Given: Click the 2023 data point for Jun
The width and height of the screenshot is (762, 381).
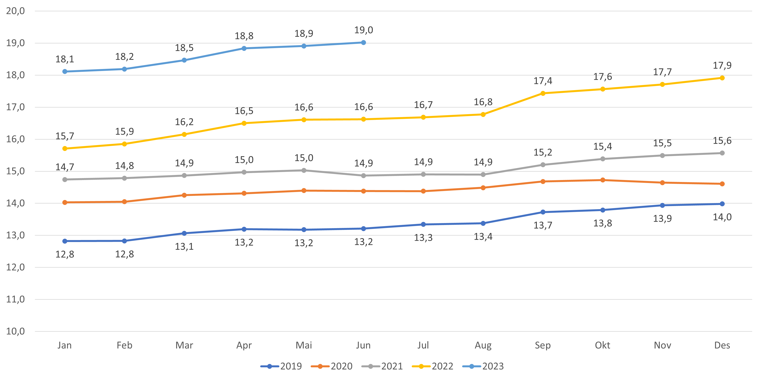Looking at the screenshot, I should [x=364, y=43].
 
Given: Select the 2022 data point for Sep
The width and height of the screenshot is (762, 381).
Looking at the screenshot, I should [x=543, y=93].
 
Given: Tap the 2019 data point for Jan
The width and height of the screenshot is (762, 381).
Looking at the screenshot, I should [x=65, y=241].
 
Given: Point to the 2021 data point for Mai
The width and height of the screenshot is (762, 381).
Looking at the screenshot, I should [x=304, y=170].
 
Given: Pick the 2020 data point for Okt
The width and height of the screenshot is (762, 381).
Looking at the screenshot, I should [x=602, y=180].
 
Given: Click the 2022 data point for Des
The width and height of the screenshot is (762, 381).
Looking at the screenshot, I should [x=722, y=78].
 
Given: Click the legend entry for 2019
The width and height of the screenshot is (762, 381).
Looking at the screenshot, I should [x=281, y=366].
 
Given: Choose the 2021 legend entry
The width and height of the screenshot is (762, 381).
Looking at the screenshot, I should [x=382, y=366].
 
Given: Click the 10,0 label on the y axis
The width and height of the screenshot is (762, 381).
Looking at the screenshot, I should [x=15, y=331].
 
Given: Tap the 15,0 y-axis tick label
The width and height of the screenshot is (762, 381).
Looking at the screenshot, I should [x=15, y=171].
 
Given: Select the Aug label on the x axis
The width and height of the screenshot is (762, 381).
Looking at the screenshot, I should [x=483, y=345].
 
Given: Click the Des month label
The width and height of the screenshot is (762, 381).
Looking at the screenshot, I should [x=722, y=345].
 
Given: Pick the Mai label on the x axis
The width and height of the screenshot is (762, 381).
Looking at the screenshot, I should [x=304, y=345].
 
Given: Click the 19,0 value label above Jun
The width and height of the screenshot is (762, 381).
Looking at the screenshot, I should [x=364, y=30].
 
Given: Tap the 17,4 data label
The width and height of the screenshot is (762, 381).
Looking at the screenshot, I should [x=543, y=81].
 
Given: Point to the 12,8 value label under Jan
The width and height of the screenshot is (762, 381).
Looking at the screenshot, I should [x=65, y=254].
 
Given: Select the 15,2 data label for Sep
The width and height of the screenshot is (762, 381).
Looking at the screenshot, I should [x=543, y=152].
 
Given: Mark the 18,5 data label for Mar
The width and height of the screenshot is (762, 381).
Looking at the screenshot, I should [x=184, y=48].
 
